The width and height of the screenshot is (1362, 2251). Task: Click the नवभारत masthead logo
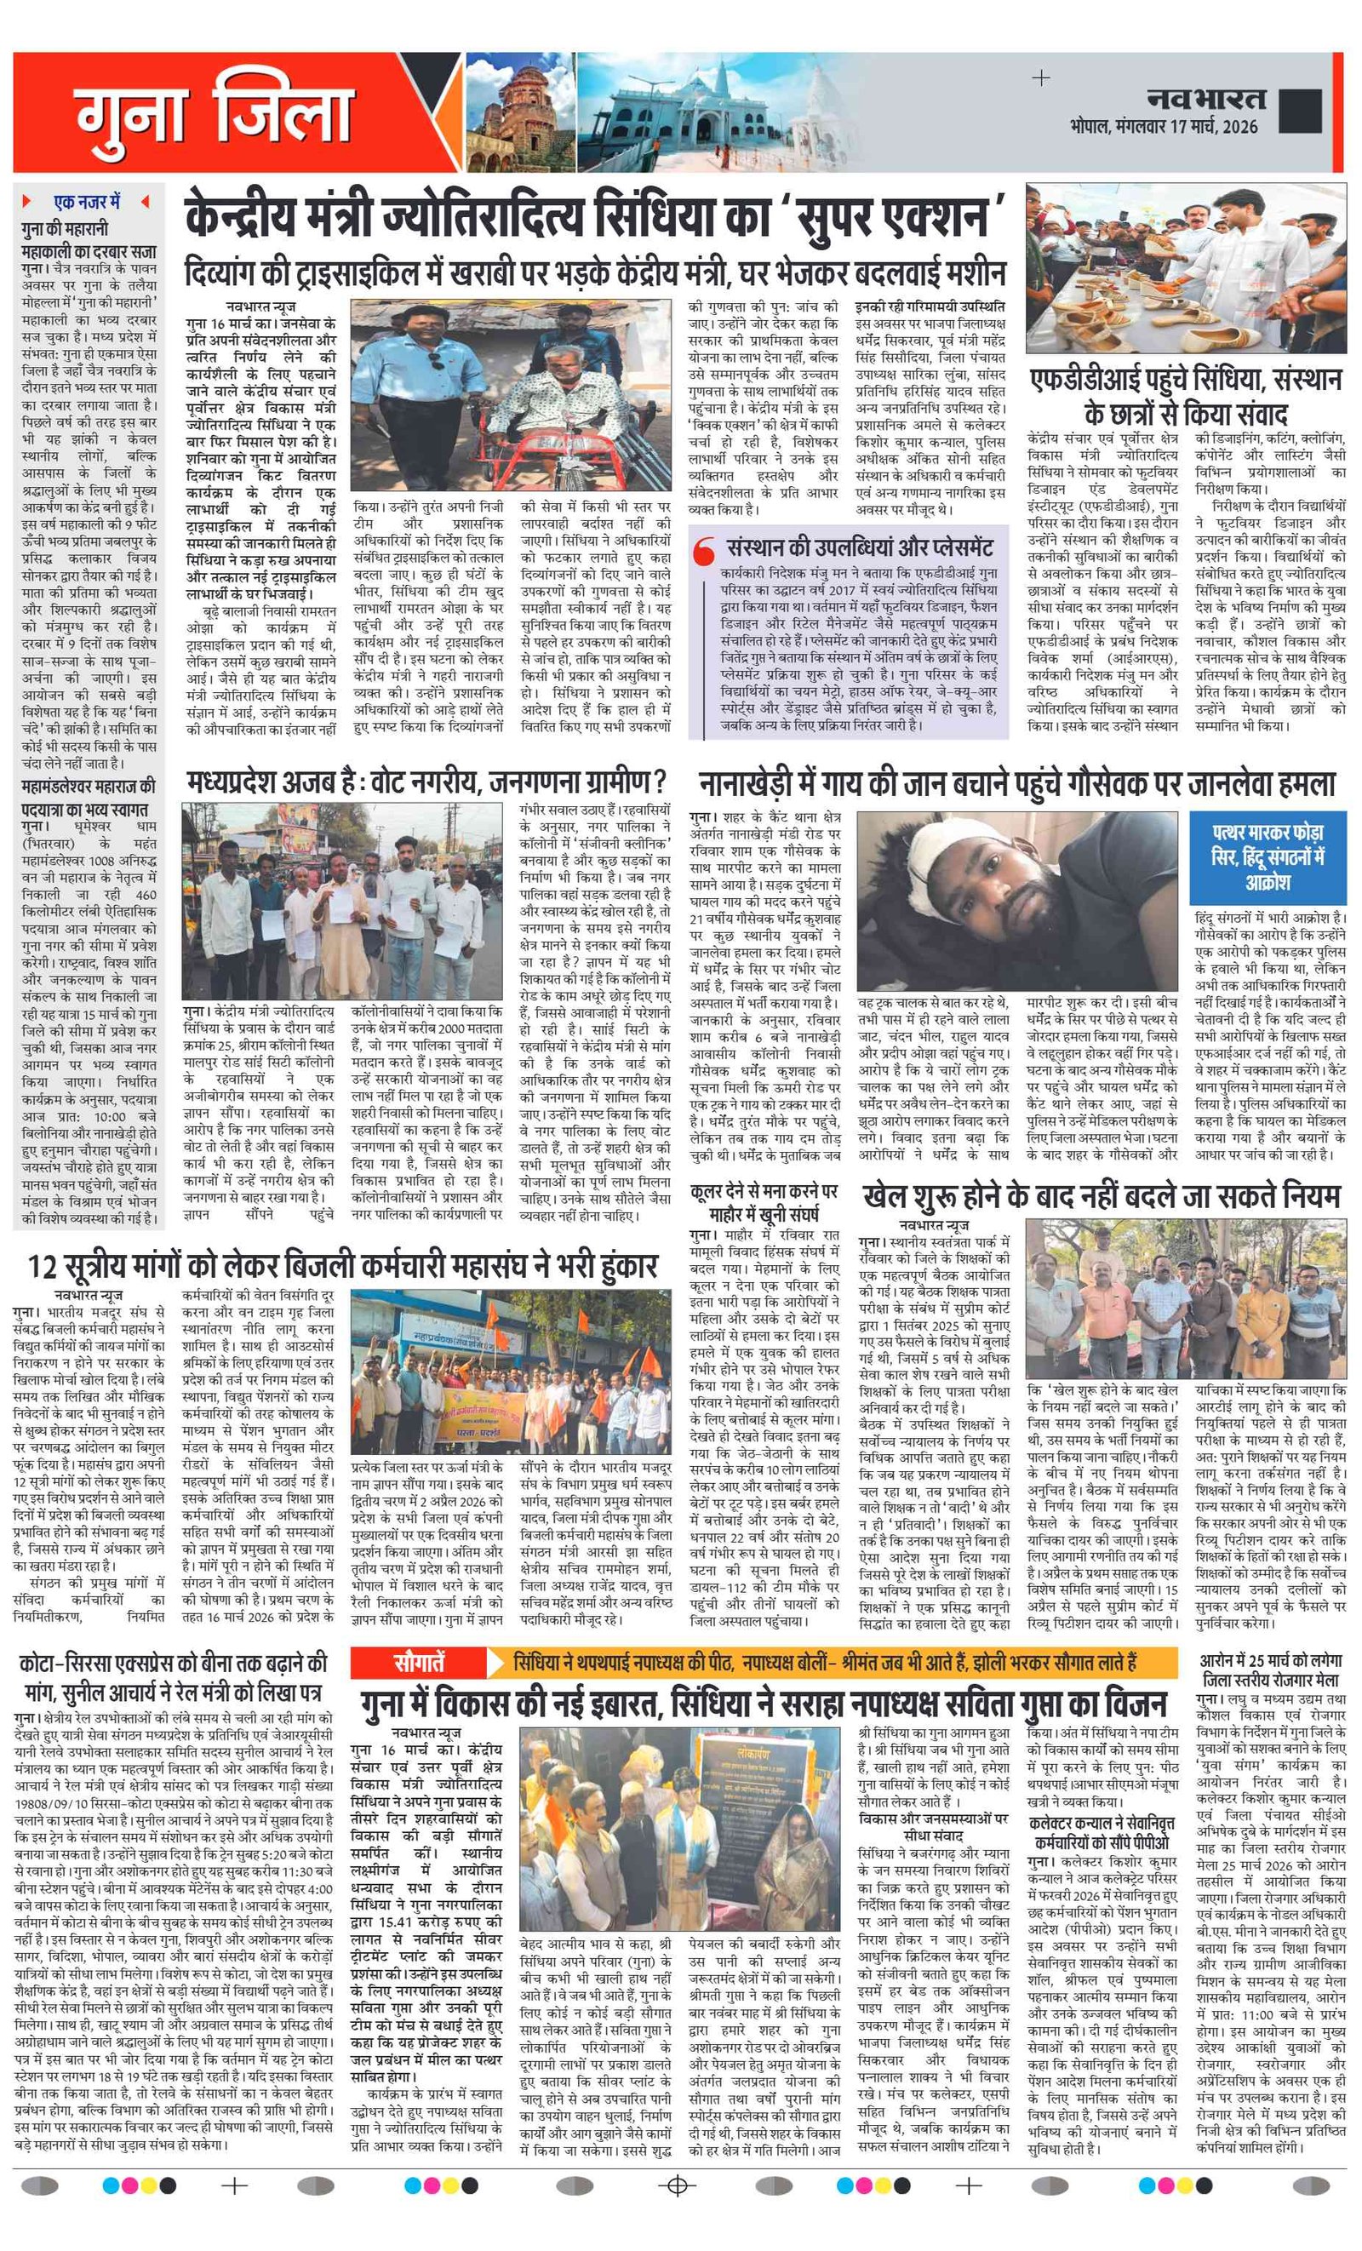[x=1205, y=98]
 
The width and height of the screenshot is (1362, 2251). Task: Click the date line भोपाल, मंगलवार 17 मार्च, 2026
[x=1164, y=126]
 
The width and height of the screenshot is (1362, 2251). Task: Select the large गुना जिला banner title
[x=214, y=114]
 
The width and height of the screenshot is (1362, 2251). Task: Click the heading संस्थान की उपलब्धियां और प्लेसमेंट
[x=859, y=548]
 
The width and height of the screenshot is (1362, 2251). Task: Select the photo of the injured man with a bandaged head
[x=1021, y=901]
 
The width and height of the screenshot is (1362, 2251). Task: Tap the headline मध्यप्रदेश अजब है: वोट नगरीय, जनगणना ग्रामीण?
[x=426, y=782]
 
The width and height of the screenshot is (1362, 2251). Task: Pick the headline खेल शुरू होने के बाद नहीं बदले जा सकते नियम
[x=1101, y=1197]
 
